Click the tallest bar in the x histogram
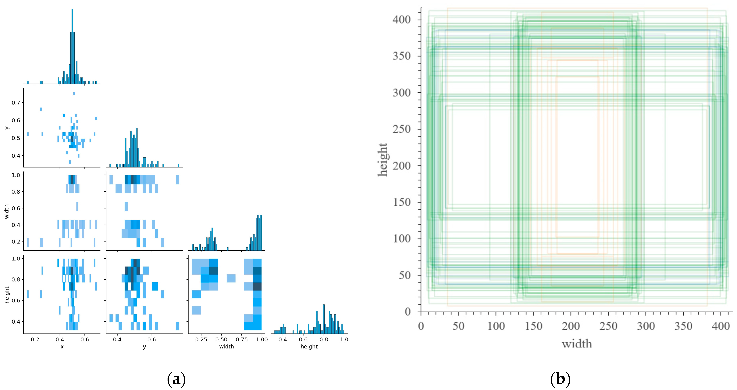tap(72, 46)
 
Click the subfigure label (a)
tap(176, 379)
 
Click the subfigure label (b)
tap(560, 379)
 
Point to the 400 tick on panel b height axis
tap(402, 20)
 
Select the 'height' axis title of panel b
tap(383, 160)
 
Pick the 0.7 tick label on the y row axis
tap(16, 102)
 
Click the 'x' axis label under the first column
tap(62, 347)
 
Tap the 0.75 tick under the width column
tap(242, 340)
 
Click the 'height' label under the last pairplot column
tap(309, 347)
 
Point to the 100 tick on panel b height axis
tap(402, 238)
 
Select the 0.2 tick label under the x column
tap(35, 340)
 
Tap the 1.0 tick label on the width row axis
tap(16, 175)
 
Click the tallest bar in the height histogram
tap(324, 318)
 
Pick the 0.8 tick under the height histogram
tap(324, 340)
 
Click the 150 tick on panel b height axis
tap(402, 202)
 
